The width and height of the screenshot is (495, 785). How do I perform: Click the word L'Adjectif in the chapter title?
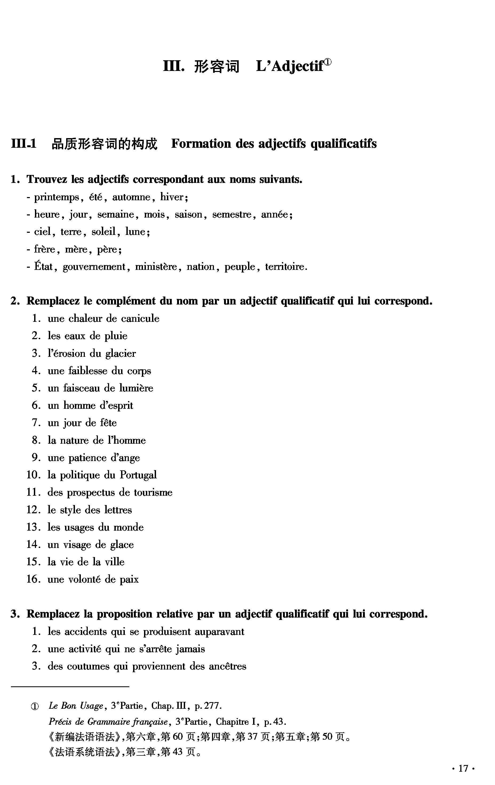tap(290, 66)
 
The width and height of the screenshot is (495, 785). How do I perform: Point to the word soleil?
tap(104, 232)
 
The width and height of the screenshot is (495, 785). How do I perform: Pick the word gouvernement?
tap(94, 267)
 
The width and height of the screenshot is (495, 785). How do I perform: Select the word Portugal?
tap(138, 475)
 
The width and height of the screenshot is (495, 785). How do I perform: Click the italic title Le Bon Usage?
tap(76, 706)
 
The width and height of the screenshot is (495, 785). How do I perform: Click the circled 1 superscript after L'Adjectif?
tap(328, 62)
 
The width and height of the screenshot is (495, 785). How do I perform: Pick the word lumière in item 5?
tap(136, 388)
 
